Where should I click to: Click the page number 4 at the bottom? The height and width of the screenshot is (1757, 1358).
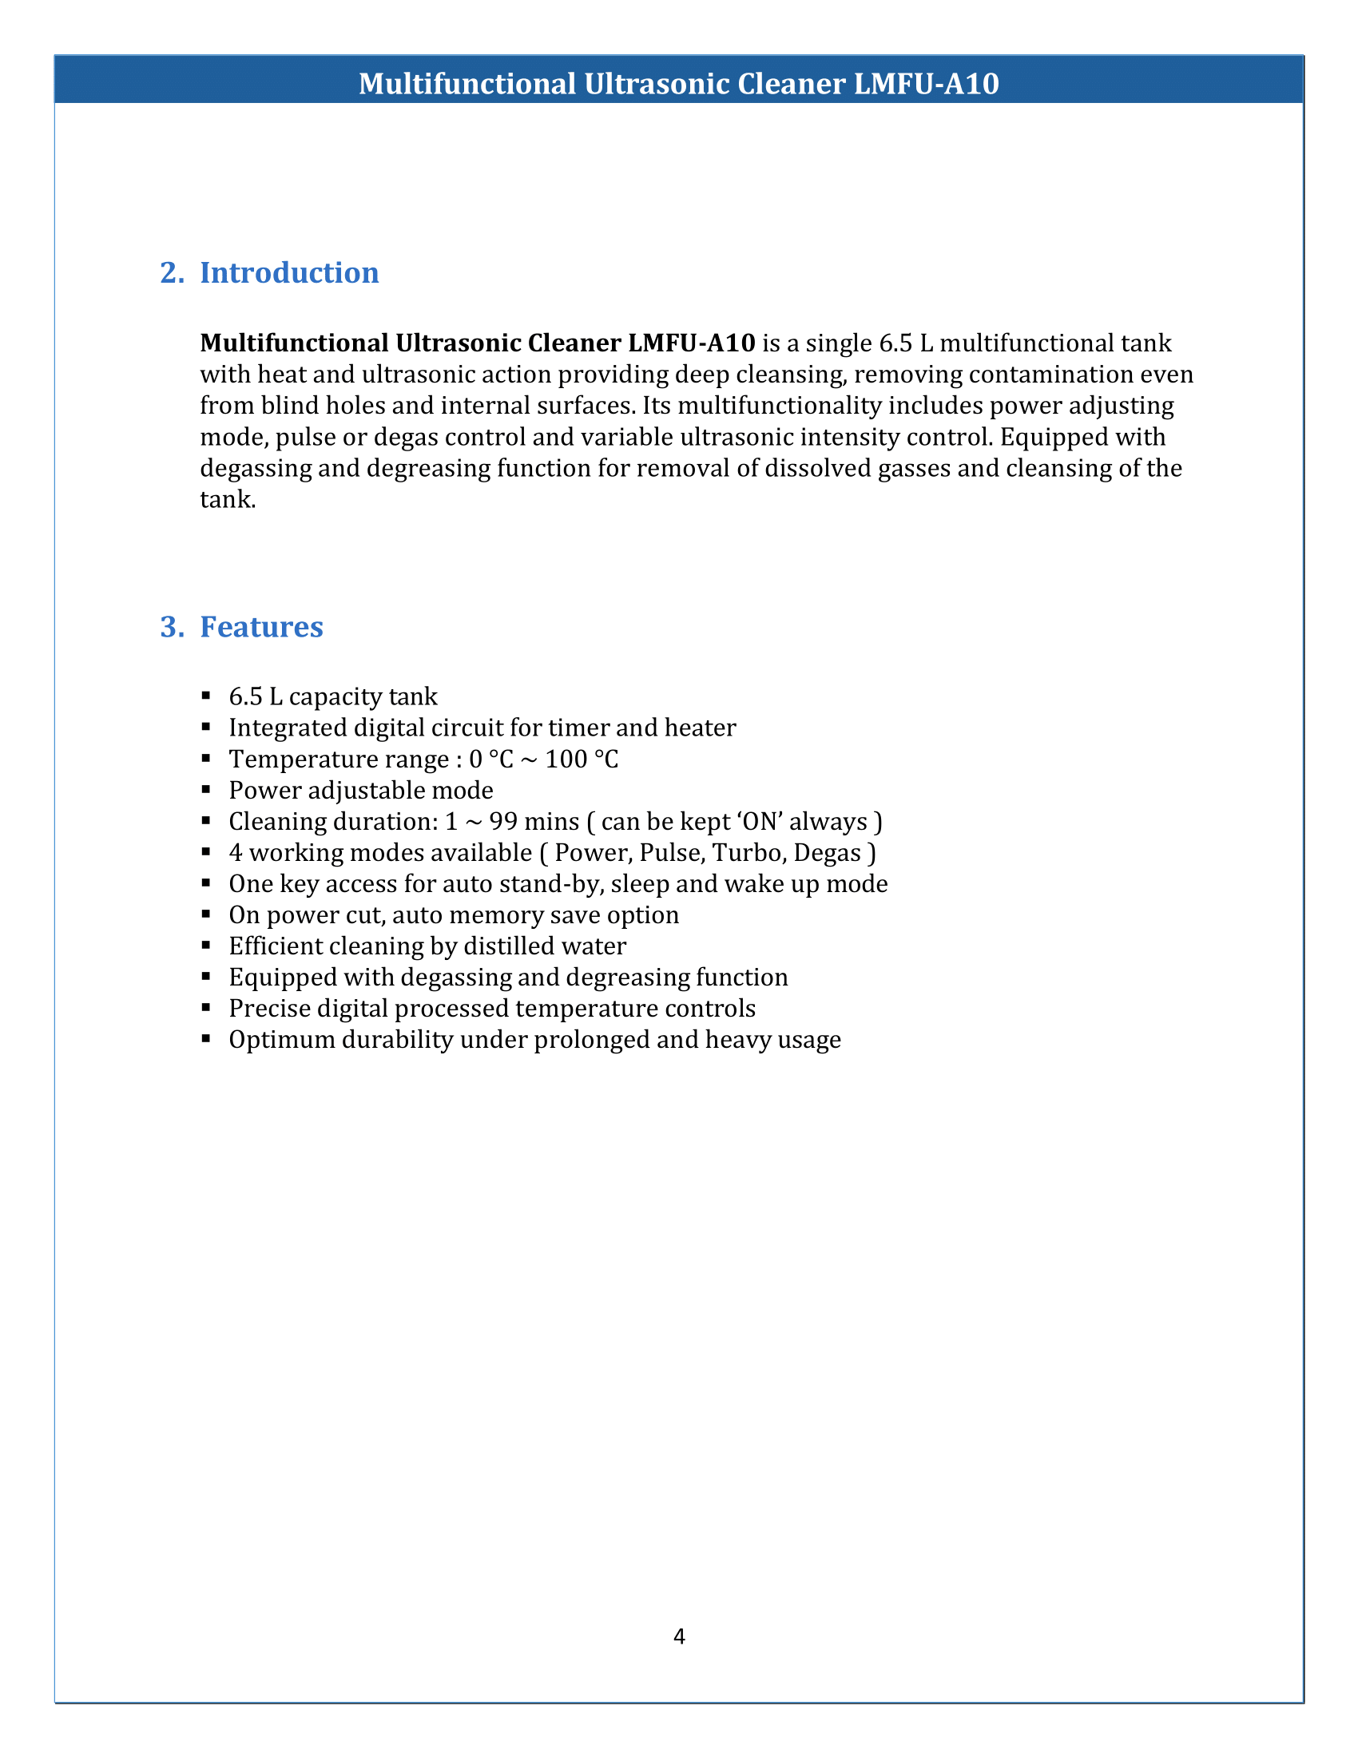[x=679, y=1636]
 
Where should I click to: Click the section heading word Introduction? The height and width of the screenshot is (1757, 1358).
[x=289, y=272]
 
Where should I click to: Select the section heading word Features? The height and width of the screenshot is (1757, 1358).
[x=261, y=627]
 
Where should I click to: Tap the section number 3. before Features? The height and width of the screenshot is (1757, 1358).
[x=173, y=627]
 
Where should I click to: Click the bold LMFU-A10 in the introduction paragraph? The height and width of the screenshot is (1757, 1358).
[x=691, y=343]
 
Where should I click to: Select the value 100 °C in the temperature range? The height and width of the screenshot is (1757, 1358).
[x=582, y=760]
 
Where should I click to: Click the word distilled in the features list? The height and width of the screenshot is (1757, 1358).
[x=510, y=947]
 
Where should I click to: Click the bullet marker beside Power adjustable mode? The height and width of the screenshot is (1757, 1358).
[x=207, y=789]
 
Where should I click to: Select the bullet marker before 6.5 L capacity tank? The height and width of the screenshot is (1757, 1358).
[x=207, y=695]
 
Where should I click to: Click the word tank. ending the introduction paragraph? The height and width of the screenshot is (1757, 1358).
[x=228, y=501]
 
